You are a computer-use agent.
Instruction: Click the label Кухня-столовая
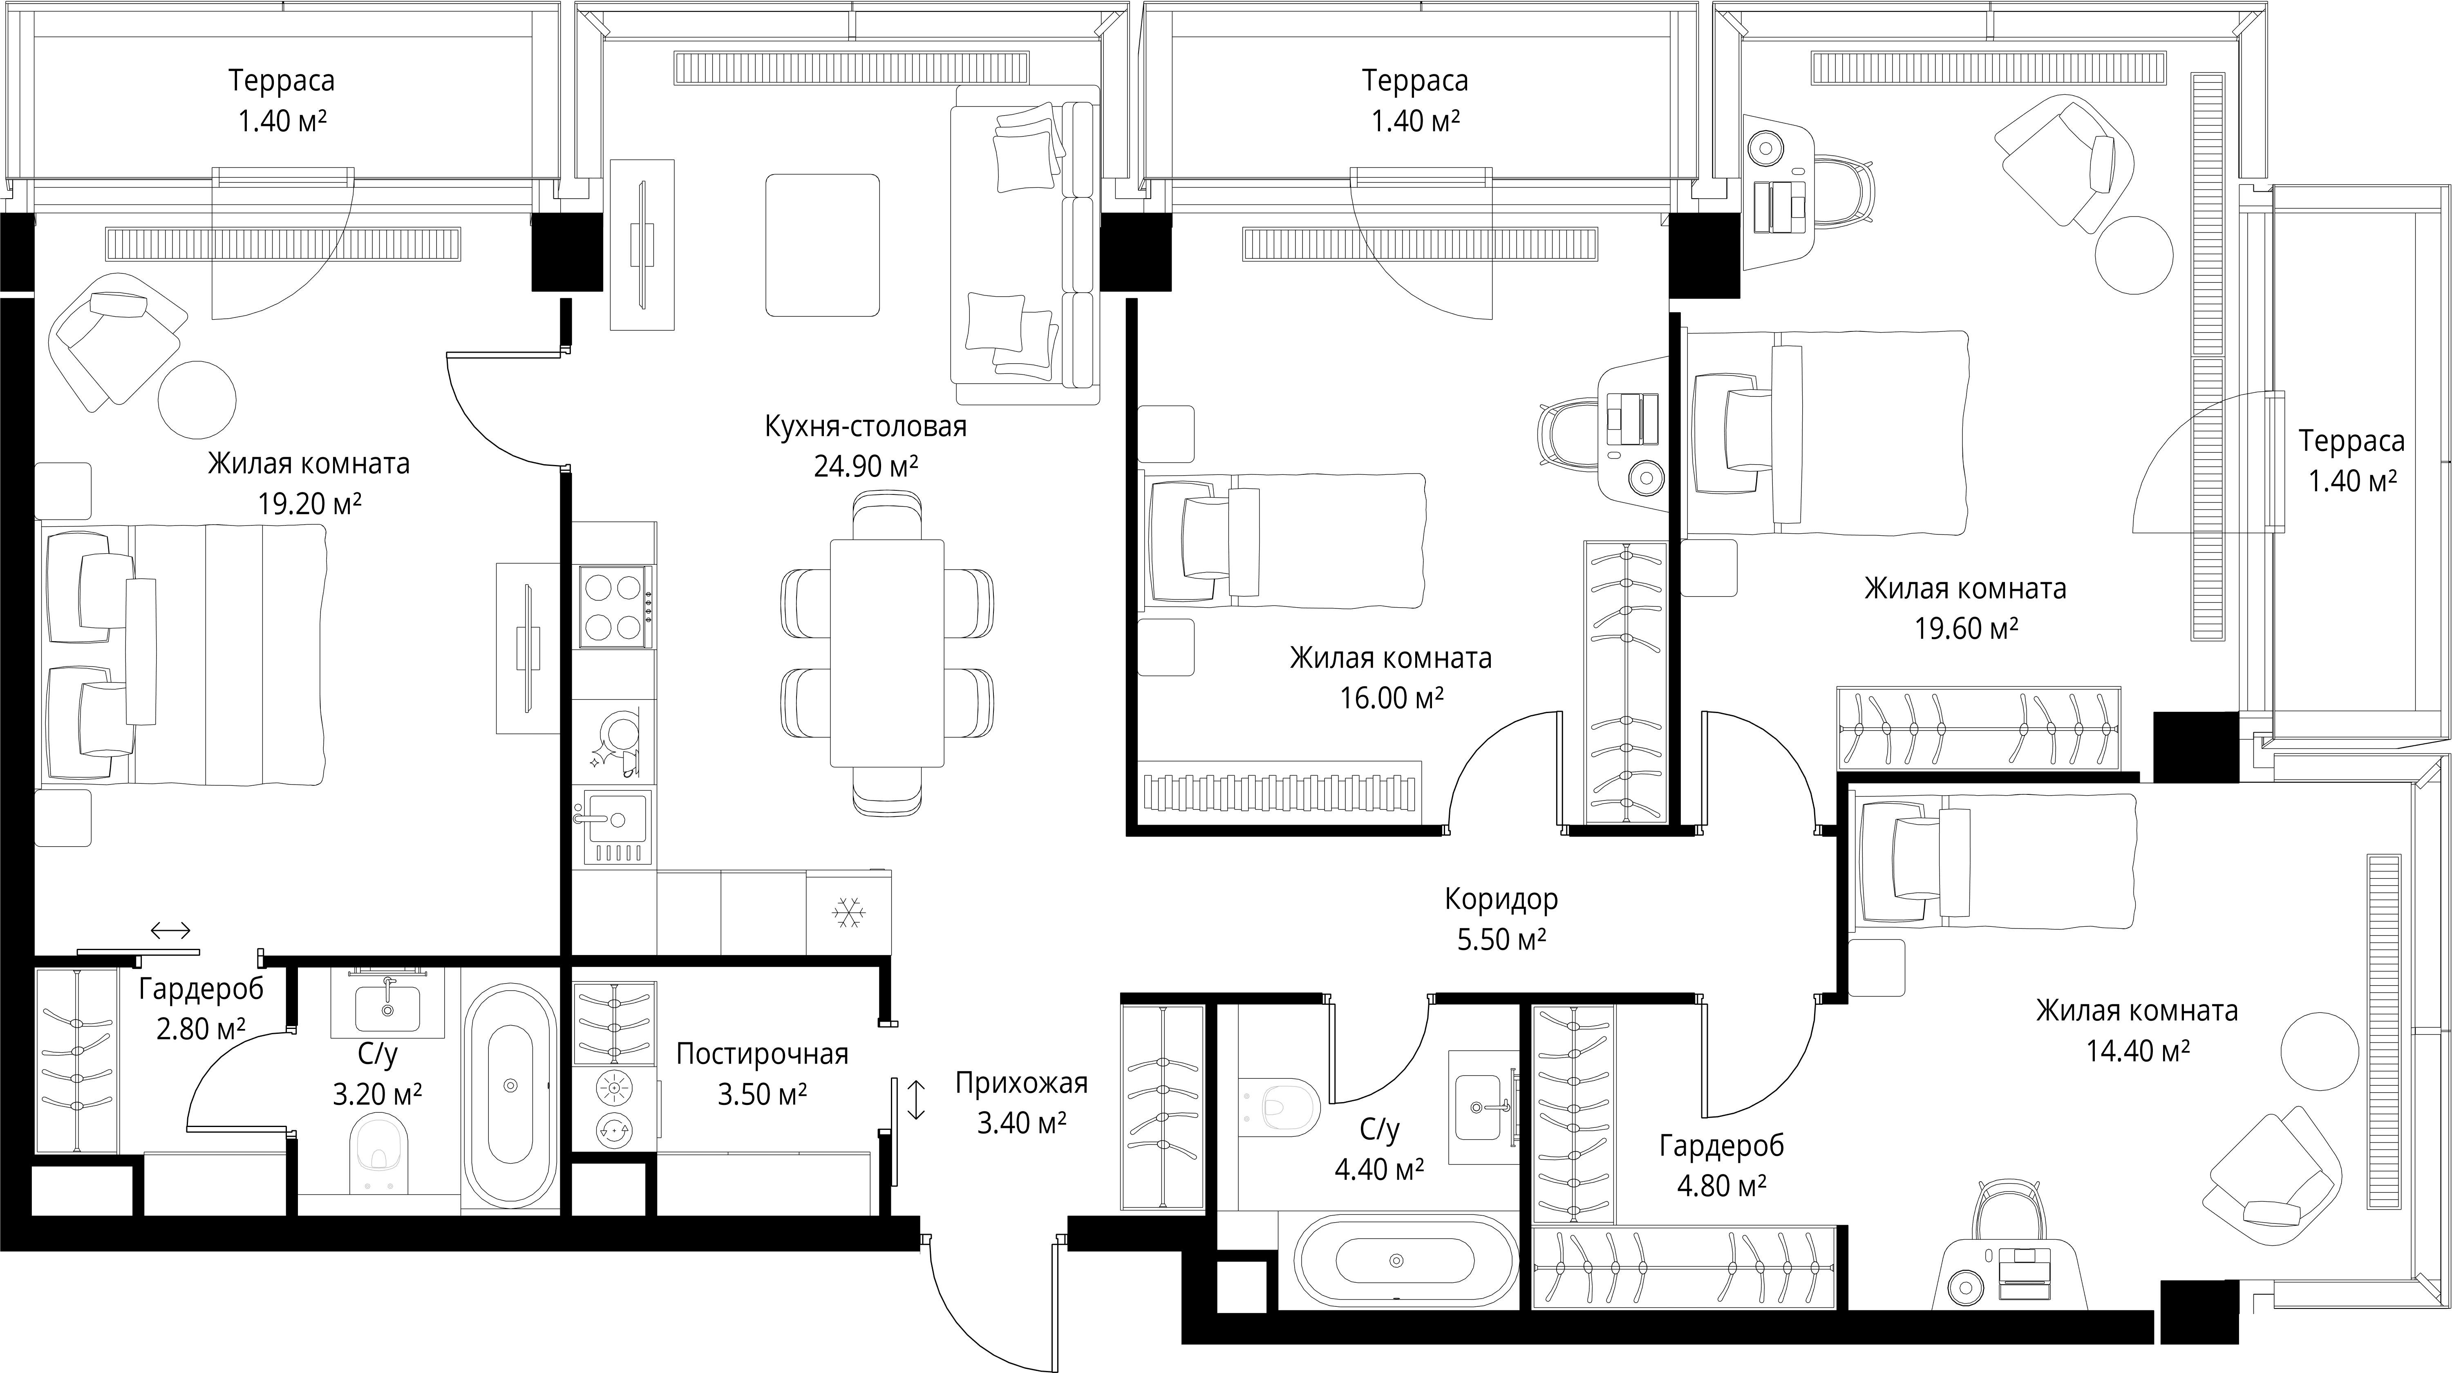point(865,426)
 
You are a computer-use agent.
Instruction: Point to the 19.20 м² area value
point(309,503)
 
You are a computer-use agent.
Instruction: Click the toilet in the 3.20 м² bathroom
point(379,1153)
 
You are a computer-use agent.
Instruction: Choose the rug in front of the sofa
point(822,244)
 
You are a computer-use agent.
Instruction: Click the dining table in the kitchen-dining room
point(887,653)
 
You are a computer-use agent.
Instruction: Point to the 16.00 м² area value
point(1392,698)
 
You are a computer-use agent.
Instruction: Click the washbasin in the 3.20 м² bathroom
point(387,1007)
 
